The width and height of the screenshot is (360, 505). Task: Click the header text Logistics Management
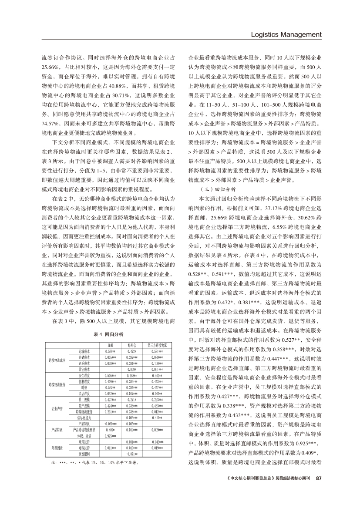click(x=287, y=34)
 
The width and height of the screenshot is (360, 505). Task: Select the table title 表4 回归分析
click(x=109, y=334)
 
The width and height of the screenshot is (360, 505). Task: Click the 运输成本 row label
click(x=84, y=351)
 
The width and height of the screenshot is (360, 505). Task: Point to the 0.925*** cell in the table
click(x=110, y=435)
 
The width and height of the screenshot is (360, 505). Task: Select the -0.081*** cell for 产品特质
click(x=110, y=423)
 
